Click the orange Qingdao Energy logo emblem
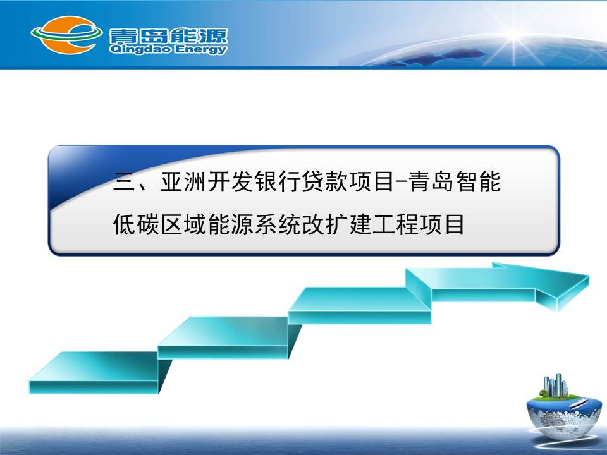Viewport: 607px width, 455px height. coord(66,35)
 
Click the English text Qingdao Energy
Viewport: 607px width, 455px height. coord(168,49)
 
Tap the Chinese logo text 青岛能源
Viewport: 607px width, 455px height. coord(168,35)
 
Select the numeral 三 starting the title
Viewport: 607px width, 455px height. coord(124,182)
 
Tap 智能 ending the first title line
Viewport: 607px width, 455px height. coord(479,181)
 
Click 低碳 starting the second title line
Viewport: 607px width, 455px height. coord(136,224)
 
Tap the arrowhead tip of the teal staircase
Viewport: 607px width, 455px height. coord(589,276)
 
